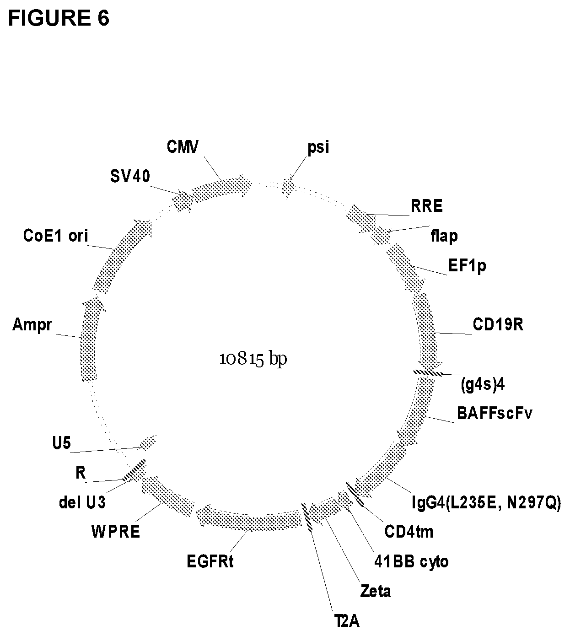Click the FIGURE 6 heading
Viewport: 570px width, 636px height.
point(59,18)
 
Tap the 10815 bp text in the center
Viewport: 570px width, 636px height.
point(253,359)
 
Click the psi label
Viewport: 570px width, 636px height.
point(318,148)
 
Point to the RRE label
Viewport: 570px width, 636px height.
point(426,206)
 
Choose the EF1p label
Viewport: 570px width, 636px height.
point(467,266)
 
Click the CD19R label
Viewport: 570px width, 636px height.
point(498,324)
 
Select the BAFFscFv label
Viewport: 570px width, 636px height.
point(495,413)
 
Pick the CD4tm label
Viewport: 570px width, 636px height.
point(409,532)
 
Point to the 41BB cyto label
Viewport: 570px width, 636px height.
point(410,561)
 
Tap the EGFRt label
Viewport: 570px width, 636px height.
point(210,561)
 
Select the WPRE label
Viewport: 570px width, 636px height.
point(115,532)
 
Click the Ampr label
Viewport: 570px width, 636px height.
point(32,325)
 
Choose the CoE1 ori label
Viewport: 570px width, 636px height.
point(55,236)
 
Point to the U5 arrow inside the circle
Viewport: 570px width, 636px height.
point(147,442)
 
